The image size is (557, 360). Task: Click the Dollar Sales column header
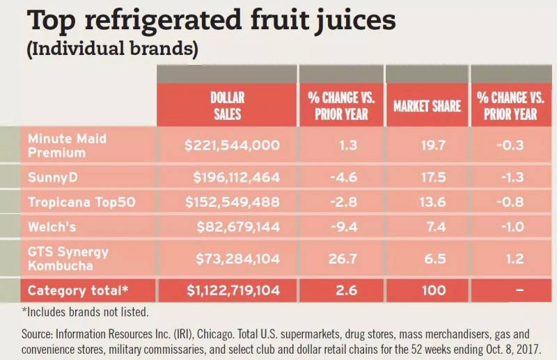226,105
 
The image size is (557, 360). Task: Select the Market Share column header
427,106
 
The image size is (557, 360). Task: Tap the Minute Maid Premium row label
68,144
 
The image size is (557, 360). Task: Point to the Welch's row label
52,226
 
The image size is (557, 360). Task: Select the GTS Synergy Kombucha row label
68,258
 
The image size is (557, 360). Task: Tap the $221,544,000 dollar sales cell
233,145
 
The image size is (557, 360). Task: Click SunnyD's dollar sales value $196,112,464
233,177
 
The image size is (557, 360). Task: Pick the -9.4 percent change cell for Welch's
341,227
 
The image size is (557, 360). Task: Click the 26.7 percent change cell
341,259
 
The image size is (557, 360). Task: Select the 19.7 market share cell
427,145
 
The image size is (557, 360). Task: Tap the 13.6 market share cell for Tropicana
427,202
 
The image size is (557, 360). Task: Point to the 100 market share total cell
427,290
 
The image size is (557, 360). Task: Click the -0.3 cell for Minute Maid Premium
513,145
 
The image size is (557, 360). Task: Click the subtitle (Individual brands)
113,49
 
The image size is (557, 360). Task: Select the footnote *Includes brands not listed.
85,311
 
